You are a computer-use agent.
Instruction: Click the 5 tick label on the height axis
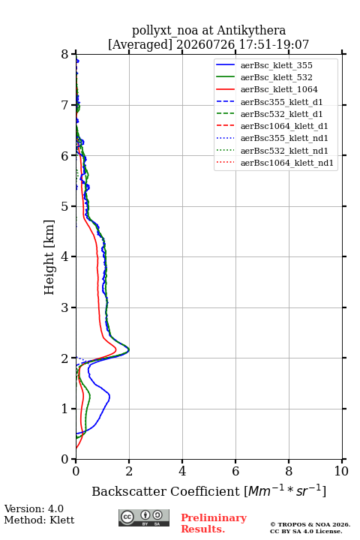[65, 206]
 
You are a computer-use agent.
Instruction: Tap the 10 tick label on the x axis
[341, 471]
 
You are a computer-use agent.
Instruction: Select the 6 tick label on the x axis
[235, 471]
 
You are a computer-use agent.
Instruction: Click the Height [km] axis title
[49, 257]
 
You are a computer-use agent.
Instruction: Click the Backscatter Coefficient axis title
[208, 490]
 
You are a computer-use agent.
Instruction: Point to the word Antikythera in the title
[251, 31]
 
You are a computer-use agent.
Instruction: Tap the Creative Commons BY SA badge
[144, 517]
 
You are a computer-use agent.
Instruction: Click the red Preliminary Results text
[214, 523]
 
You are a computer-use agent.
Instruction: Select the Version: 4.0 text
[34, 508]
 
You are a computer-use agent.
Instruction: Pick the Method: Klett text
[39, 520]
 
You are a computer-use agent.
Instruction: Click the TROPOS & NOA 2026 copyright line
[310, 524]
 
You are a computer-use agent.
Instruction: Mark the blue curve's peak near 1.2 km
[109, 397]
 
